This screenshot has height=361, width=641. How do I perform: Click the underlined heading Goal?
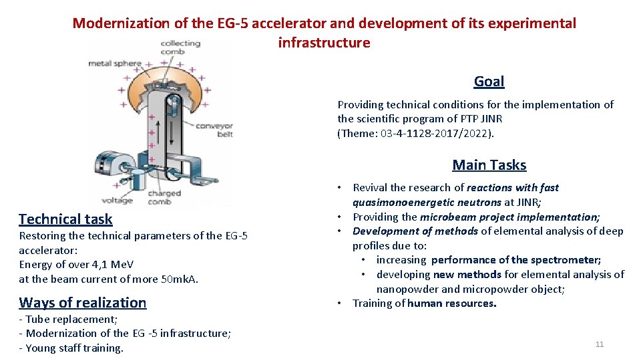[489, 82]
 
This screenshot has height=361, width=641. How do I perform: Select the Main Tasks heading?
[489, 165]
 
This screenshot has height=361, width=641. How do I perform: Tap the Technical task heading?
[65, 219]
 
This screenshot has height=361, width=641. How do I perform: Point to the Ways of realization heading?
[82, 303]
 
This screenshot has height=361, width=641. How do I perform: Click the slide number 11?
[599, 344]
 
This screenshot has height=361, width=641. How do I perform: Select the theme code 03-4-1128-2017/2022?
[435, 133]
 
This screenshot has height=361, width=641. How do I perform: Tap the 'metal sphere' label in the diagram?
[115, 64]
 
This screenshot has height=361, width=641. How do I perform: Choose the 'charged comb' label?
[164, 198]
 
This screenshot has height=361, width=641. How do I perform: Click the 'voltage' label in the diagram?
[117, 200]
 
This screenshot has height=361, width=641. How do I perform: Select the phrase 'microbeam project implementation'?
[509, 217]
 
